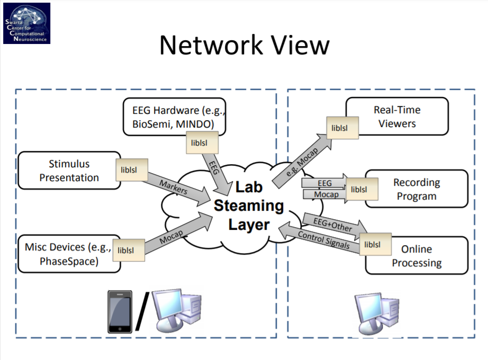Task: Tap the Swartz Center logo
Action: (26, 23)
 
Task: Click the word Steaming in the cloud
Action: (249, 205)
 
